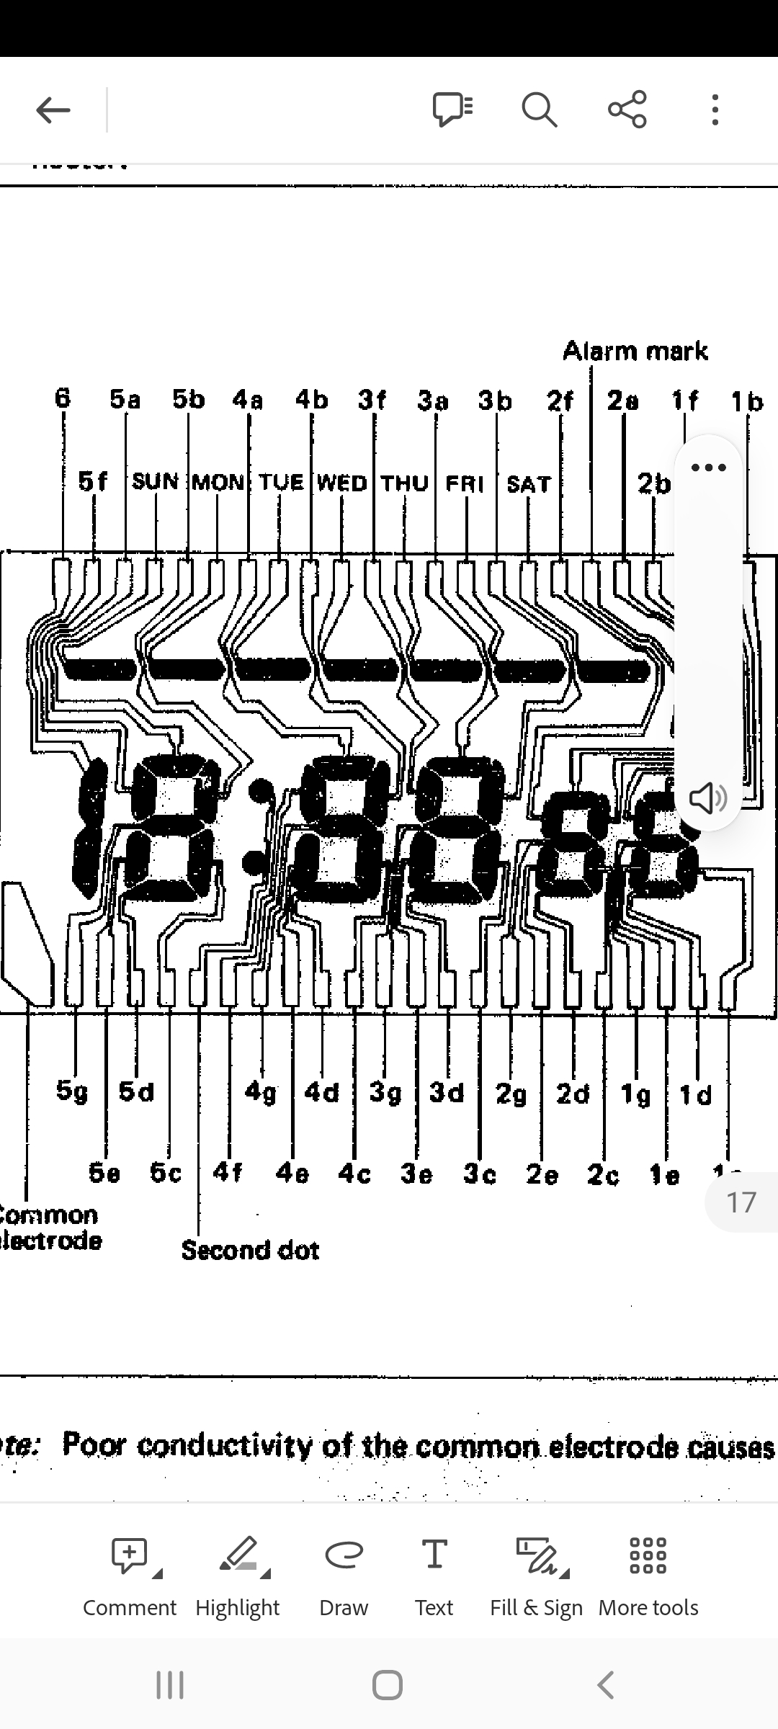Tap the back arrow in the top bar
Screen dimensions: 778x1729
pyautogui.click(x=53, y=110)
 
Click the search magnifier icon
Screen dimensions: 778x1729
pyautogui.click(x=539, y=110)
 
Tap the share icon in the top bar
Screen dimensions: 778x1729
pyautogui.click(x=627, y=110)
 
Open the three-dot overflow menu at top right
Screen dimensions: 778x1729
pyautogui.click(x=715, y=110)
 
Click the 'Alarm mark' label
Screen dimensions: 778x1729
pyautogui.click(x=635, y=352)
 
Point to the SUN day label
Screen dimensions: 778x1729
pyautogui.click(x=155, y=481)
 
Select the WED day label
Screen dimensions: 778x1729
pyautogui.click(x=342, y=483)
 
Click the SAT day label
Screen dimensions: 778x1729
pyautogui.click(x=529, y=484)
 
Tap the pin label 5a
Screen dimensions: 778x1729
pyautogui.click(x=125, y=399)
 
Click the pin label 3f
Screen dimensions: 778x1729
pyautogui.click(x=372, y=399)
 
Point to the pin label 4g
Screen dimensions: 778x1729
pyautogui.click(x=261, y=1092)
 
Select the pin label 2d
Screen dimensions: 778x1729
pyautogui.click(x=573, y=1094)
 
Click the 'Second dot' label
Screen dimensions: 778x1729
pyautogui.click(x=250, y=1250)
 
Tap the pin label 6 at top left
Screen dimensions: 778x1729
pyautogui.click(x=63, y=398)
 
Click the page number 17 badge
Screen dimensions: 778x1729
pyautogui.click(x=741, y=1202)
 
